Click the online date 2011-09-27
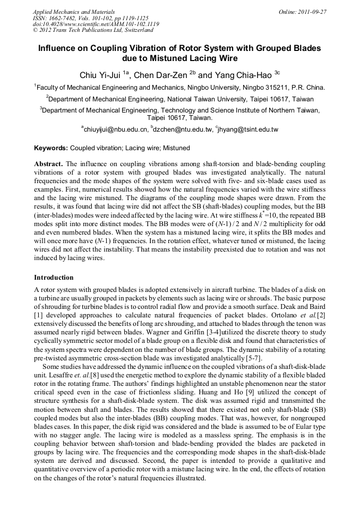point(310,12)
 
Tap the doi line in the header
point(96,24)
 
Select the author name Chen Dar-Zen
point(161,75)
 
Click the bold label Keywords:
point(51,148)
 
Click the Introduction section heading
point(54,278)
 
